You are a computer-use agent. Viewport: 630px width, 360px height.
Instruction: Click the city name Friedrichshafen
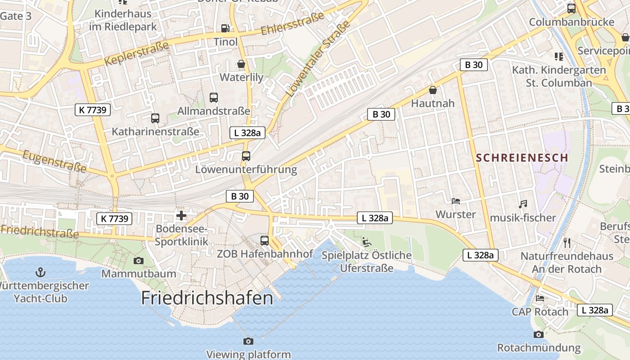207,298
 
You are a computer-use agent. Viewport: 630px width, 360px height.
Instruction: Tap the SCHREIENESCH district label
522,158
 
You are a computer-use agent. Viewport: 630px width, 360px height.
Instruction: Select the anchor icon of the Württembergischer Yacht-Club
40,272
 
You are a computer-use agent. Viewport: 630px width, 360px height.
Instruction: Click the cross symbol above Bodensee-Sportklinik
181,216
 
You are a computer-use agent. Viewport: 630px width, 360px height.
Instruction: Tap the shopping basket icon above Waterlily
241,64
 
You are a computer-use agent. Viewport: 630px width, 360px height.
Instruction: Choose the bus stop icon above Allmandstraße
214,97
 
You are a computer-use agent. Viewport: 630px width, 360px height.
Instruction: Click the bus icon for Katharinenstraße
155,118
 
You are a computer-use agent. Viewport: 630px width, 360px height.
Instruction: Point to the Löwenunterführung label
246,170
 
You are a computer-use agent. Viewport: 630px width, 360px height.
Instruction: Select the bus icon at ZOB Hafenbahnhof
265,240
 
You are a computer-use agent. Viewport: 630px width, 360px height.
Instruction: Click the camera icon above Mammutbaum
139,261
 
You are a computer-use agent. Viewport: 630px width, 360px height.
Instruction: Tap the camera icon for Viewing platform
248,341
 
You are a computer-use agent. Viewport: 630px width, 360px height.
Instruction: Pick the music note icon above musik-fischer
522,204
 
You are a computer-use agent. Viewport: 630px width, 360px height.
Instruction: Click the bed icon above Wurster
456,201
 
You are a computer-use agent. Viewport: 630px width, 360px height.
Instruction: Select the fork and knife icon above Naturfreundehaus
567,243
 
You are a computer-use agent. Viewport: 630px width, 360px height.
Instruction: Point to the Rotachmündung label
539,348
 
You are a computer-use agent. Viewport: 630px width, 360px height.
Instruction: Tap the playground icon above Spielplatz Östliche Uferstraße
367,242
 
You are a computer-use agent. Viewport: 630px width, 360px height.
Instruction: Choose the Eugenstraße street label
54,162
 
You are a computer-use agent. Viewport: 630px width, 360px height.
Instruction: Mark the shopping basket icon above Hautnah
433,90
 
